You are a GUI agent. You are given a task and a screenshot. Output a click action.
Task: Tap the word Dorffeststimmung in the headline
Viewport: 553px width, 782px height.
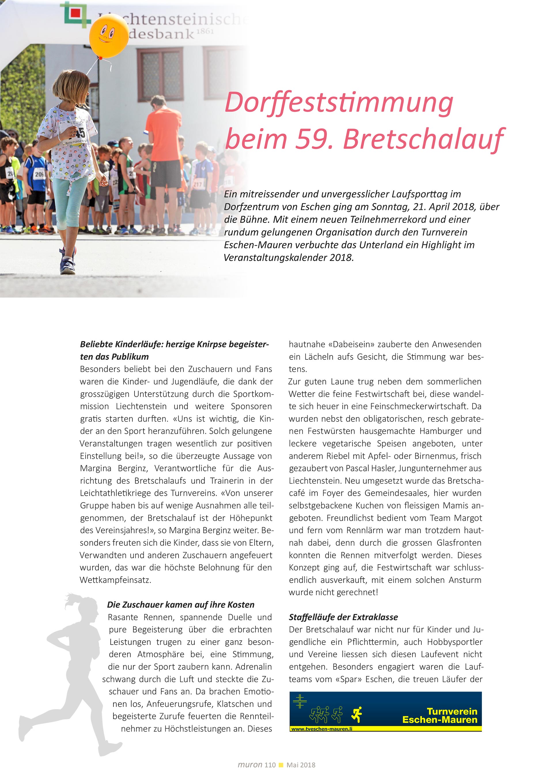[x=339, y=103]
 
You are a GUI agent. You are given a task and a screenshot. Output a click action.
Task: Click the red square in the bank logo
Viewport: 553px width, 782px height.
[x=75, y=13]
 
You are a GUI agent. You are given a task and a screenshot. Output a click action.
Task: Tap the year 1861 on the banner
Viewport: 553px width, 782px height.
[x=205, y=32]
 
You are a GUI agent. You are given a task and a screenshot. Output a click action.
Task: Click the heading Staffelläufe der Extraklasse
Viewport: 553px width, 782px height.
[x=343, y=617]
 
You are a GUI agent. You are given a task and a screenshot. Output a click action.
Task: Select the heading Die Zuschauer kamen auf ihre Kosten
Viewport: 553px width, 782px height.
[x=181, y=605]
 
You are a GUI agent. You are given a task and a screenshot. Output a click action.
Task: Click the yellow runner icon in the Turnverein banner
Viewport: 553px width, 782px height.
[x=357, y=715]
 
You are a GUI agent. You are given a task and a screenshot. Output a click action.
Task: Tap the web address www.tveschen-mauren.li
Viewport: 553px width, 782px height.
[x=322, y=729]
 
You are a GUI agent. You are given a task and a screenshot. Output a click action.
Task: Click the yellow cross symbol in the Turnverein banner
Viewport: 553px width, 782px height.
[x=300, y=702]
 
